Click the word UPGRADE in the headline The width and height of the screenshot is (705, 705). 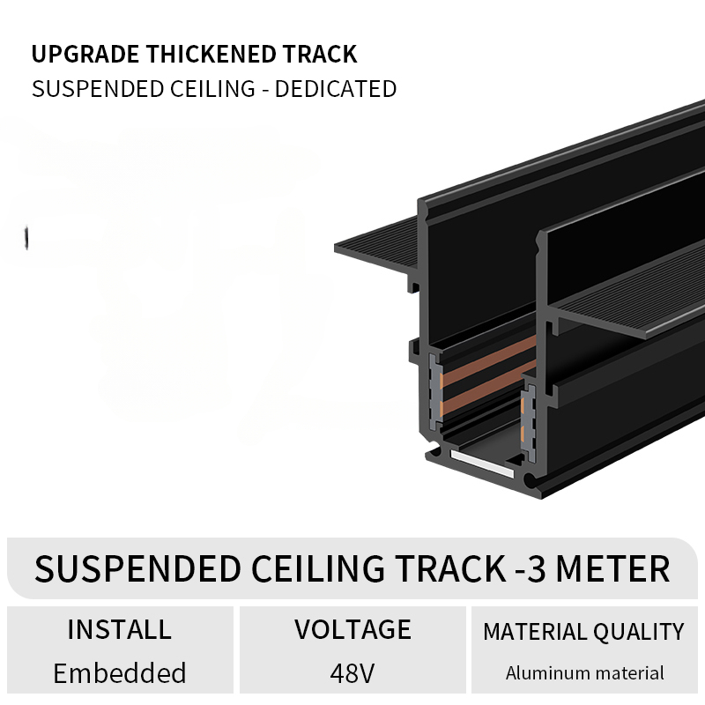[x=85, y=55]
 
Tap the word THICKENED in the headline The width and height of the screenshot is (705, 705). [x=211, y=55]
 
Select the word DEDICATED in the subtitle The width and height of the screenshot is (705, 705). [x=336, y=89]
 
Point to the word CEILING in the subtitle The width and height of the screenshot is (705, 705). [x=212, y=89]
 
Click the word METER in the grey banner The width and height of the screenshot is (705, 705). [x=612, y=568]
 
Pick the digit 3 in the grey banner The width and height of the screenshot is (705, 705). [x=536, y=568]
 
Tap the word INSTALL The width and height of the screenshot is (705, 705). [x=119, y=629]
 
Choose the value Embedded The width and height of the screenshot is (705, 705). [x=120, y=672]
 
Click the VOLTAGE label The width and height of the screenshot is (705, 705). [x=353, y=629]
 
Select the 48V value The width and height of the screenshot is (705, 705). [x=352, y=673]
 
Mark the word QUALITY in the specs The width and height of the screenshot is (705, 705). [x=638, y=632]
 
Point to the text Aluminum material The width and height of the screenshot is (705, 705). [x=584, y=673]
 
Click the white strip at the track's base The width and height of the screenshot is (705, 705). [x=482, y=464]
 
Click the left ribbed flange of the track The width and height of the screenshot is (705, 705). [x=377, y=245]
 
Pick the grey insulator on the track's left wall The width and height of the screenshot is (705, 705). [x=435, y=390]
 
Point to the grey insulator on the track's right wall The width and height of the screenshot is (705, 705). [x=529, y=423]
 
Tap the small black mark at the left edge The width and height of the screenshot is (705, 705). [x=26, y=238]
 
